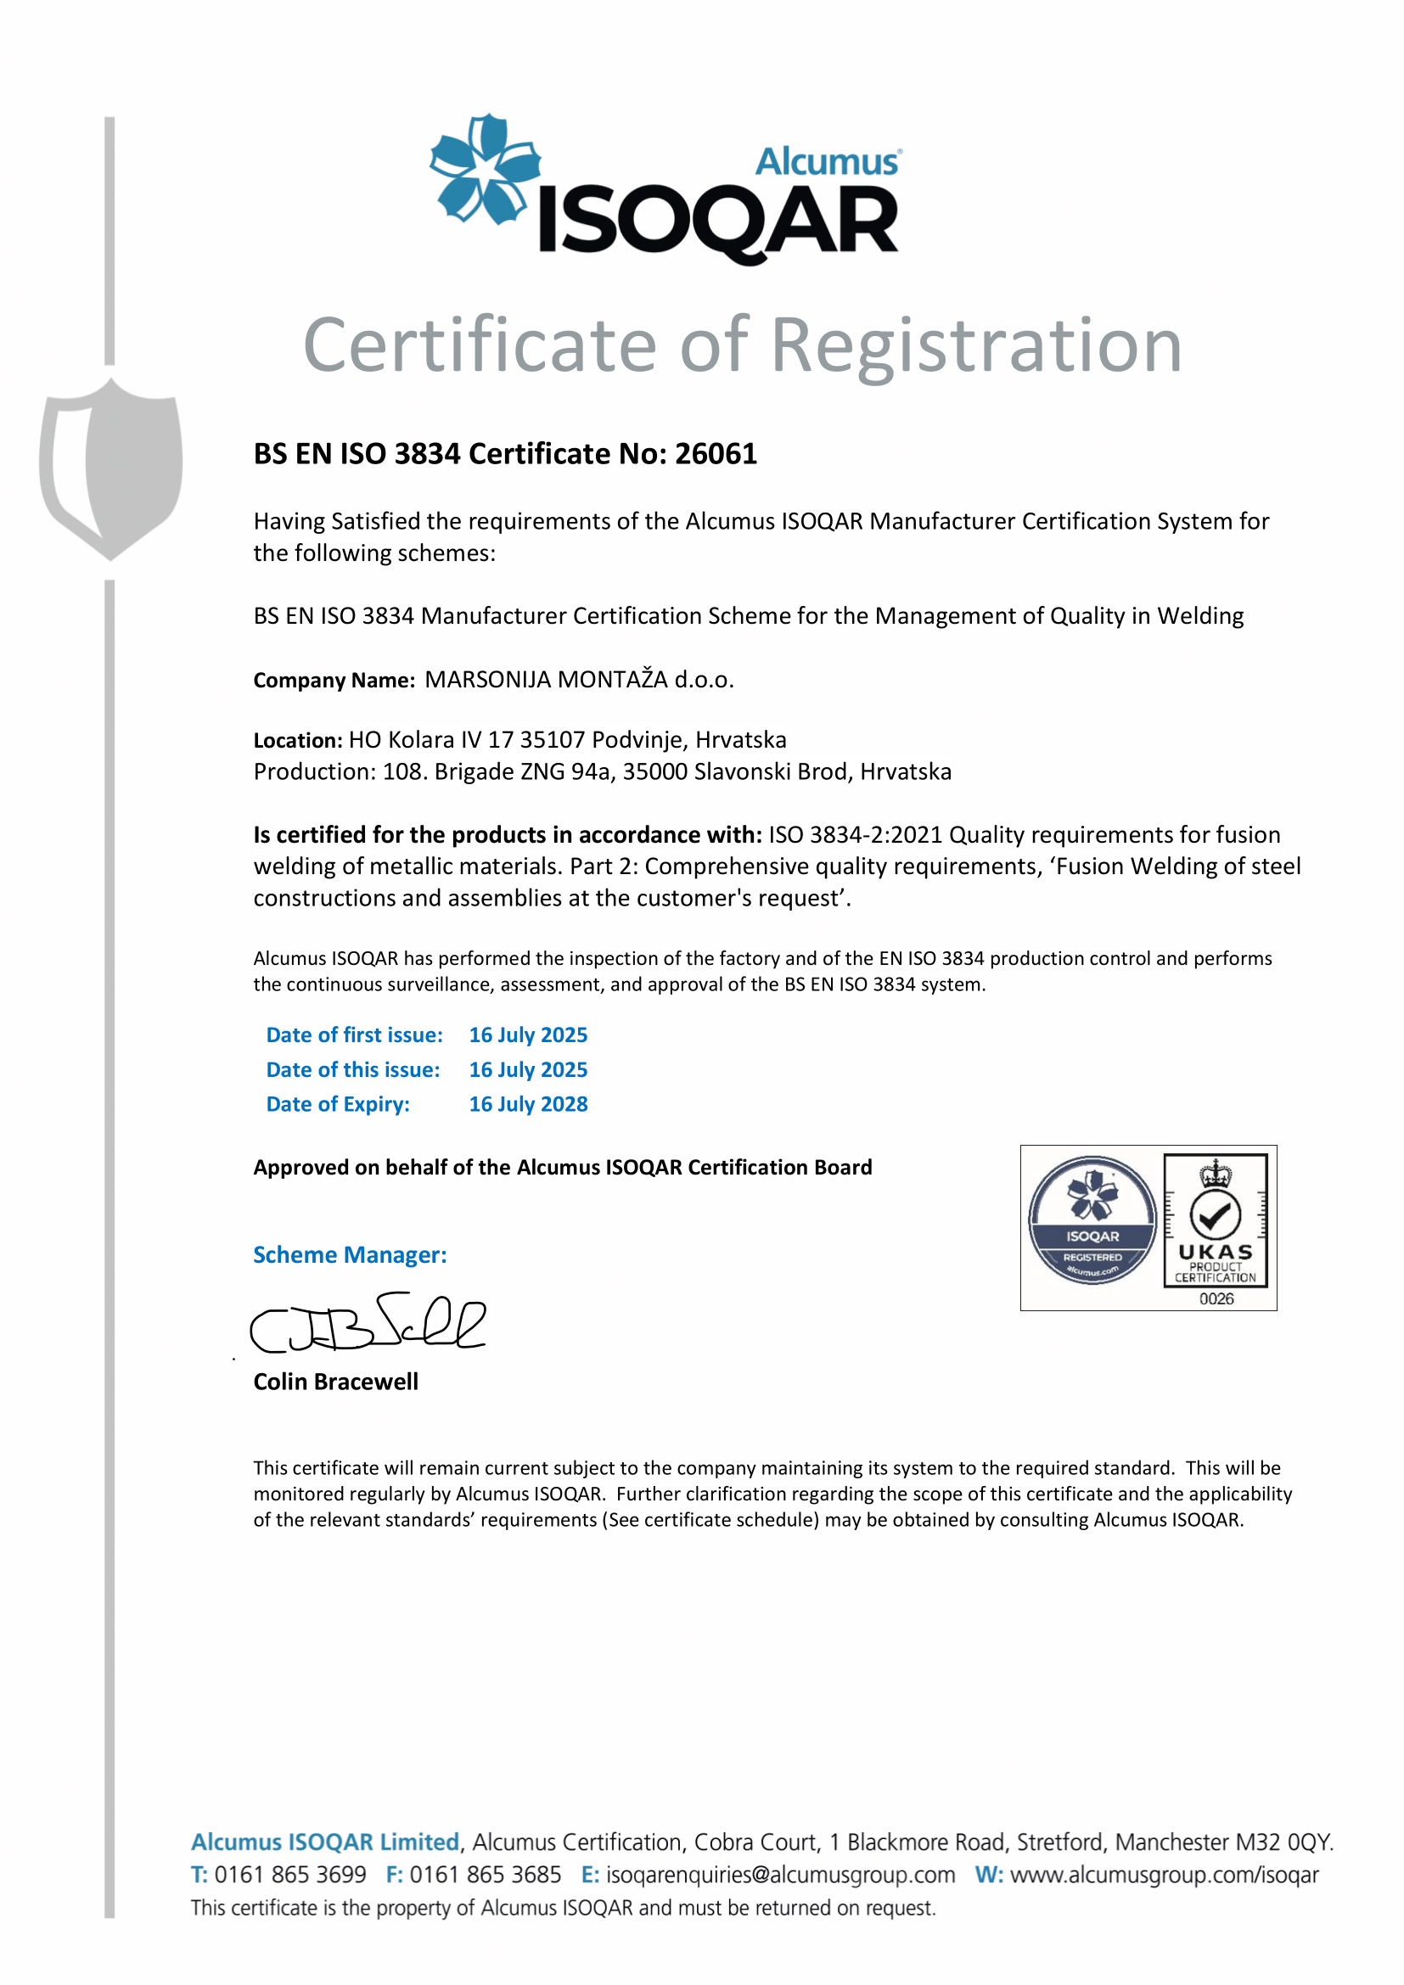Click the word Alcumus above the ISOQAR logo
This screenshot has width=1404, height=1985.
tap(828, 162)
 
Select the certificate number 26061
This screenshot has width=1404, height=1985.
tap(716, 454)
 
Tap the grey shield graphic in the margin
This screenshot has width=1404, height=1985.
tap(110, 468)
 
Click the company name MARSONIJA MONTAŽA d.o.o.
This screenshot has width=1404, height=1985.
tap(579, 680)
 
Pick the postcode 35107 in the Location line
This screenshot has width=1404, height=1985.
tap(553, 740)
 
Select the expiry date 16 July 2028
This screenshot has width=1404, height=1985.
tap(528, 1104)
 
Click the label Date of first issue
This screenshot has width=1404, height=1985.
tap(355, 1035)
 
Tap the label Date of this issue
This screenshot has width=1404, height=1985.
tap(353, 1069)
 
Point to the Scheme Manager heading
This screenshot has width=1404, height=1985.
tap(350, 1254)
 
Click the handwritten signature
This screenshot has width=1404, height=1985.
tap(368, 1324)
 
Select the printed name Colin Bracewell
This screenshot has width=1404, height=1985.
tap(335, 1382)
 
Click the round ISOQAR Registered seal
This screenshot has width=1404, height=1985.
tap(1092, 1220)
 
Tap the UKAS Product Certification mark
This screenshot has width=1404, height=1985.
tap(1215, 1219)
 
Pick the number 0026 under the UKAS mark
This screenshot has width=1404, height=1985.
tap(1216, 1298)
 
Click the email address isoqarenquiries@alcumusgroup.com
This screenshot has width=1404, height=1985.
tap(781, 1875)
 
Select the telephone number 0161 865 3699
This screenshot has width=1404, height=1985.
tap(290, 1875)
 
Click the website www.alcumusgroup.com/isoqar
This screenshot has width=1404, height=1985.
tap(1165, 1875)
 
